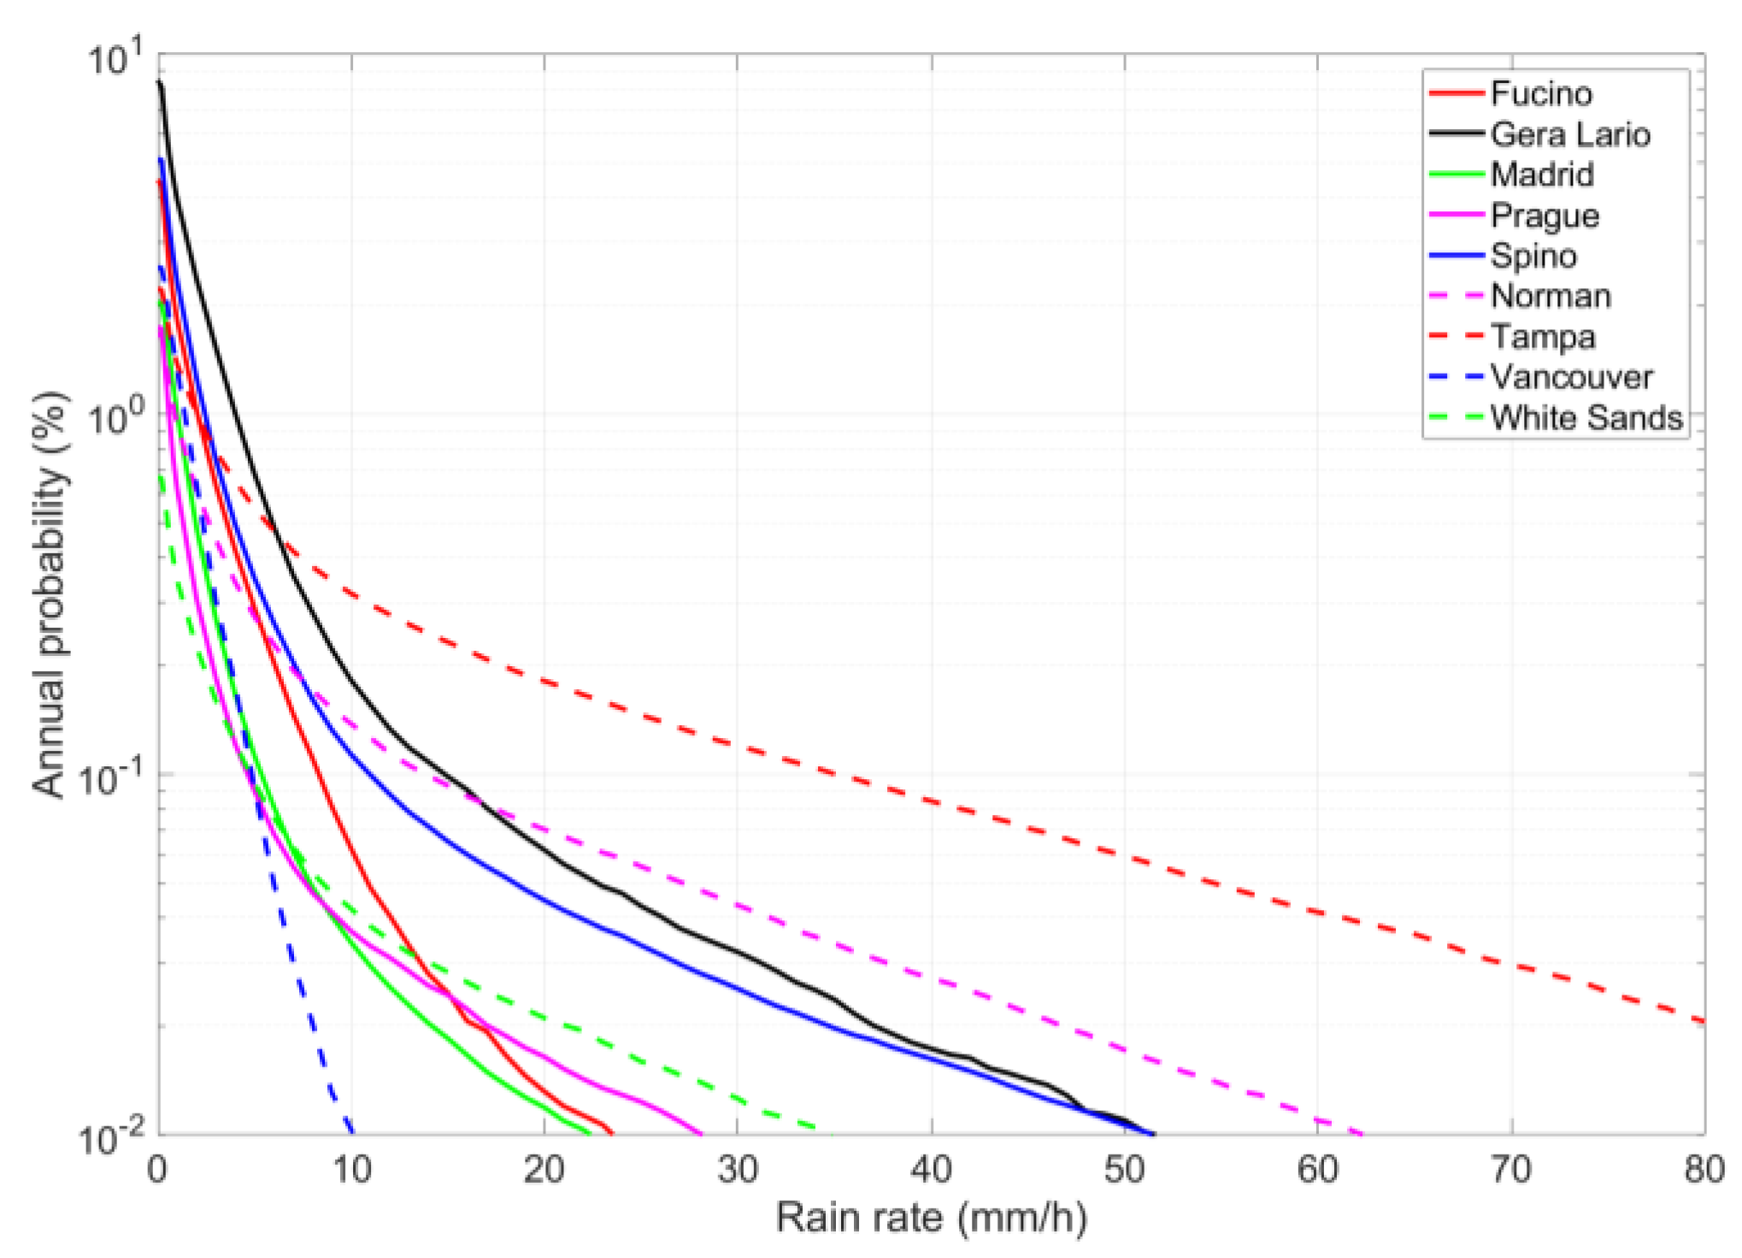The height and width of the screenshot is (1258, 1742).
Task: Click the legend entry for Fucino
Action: tap(1540, 93)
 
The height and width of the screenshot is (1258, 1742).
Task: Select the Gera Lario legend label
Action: tap(1569, 134)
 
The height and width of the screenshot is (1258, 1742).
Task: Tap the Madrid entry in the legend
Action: tap(1542, 174)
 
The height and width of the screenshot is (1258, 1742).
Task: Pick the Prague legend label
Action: tap(1545, 216)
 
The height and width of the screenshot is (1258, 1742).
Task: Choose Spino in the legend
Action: tap(1533, 256)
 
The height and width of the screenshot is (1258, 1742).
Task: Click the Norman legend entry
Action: tap(1551, 296)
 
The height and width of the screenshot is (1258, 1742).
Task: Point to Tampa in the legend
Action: tap(1543, 336)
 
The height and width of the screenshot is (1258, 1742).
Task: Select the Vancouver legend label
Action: tap(1571, 377)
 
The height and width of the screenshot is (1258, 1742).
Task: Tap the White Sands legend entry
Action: tap(1586, 417)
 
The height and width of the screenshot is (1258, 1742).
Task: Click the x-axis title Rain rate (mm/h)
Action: tap(931, 1217)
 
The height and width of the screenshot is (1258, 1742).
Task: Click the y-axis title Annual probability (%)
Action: tap(50, 594)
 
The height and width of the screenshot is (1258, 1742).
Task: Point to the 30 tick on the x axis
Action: tap(738, 1169)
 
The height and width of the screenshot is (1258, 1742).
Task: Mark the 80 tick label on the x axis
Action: tap(1704, 1169)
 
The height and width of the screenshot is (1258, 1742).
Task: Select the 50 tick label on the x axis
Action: tap(1124, 1169)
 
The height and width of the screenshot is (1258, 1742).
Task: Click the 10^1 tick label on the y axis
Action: tap(115, 60)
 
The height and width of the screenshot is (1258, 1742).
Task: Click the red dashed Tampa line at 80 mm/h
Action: tap(1704, 1021)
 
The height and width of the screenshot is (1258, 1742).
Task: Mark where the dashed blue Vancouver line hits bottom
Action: tap(350, 1132)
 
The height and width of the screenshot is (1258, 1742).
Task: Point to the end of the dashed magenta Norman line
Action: tap(1361, 1134)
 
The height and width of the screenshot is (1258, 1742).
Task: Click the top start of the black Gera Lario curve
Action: tap(159, 82)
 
